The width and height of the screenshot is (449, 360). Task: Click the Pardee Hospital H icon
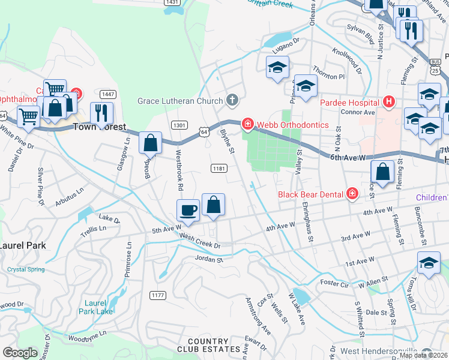[x=390, y=102]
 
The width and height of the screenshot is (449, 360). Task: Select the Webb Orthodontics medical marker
[x=247, y=124]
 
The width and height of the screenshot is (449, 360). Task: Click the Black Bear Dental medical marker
[x=352, y=194]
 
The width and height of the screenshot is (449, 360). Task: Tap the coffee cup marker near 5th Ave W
[x=188, y=211]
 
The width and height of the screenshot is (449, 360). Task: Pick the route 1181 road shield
[x=218, y=169]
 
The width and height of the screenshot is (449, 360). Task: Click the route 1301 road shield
[x=178, y=124]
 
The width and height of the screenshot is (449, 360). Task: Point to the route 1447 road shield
[x=108, y=94]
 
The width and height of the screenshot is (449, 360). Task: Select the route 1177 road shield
[x=158, y=295]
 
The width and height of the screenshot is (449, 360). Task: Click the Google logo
[x=20, y=353]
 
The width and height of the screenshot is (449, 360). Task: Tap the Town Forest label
[x=100, y=127]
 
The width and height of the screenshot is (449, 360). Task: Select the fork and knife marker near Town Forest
[x=101, y=112]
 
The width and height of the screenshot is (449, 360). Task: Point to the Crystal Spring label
[x=25, y=269]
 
